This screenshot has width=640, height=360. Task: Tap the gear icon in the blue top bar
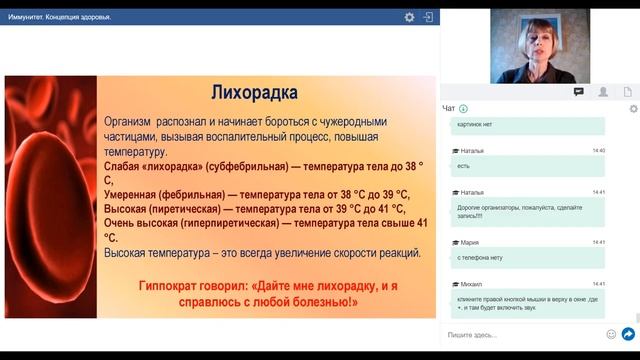pyautogui.click(x=409, y=17)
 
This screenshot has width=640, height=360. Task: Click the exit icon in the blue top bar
pyautogui.click(x=427, y=17)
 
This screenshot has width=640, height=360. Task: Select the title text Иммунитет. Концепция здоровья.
pyautogui.click(x=60, y=17)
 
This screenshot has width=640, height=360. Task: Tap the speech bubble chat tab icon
pyautogui.click(x=578, y=91)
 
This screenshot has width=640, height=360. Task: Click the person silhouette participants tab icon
pyautogui.click(x=603, y=91)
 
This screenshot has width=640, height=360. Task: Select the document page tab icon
pyautogui.click(x=628, y=91)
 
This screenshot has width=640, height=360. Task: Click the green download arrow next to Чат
pyautogui.click(x=464, y=108)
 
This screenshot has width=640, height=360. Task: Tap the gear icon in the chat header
pyautogui.click(x=632, y=108)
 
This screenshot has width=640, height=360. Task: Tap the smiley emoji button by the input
pyautogui.click(x=611, y=334)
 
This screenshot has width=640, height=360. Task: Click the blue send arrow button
pyautogui.click(x=628, y=334)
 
